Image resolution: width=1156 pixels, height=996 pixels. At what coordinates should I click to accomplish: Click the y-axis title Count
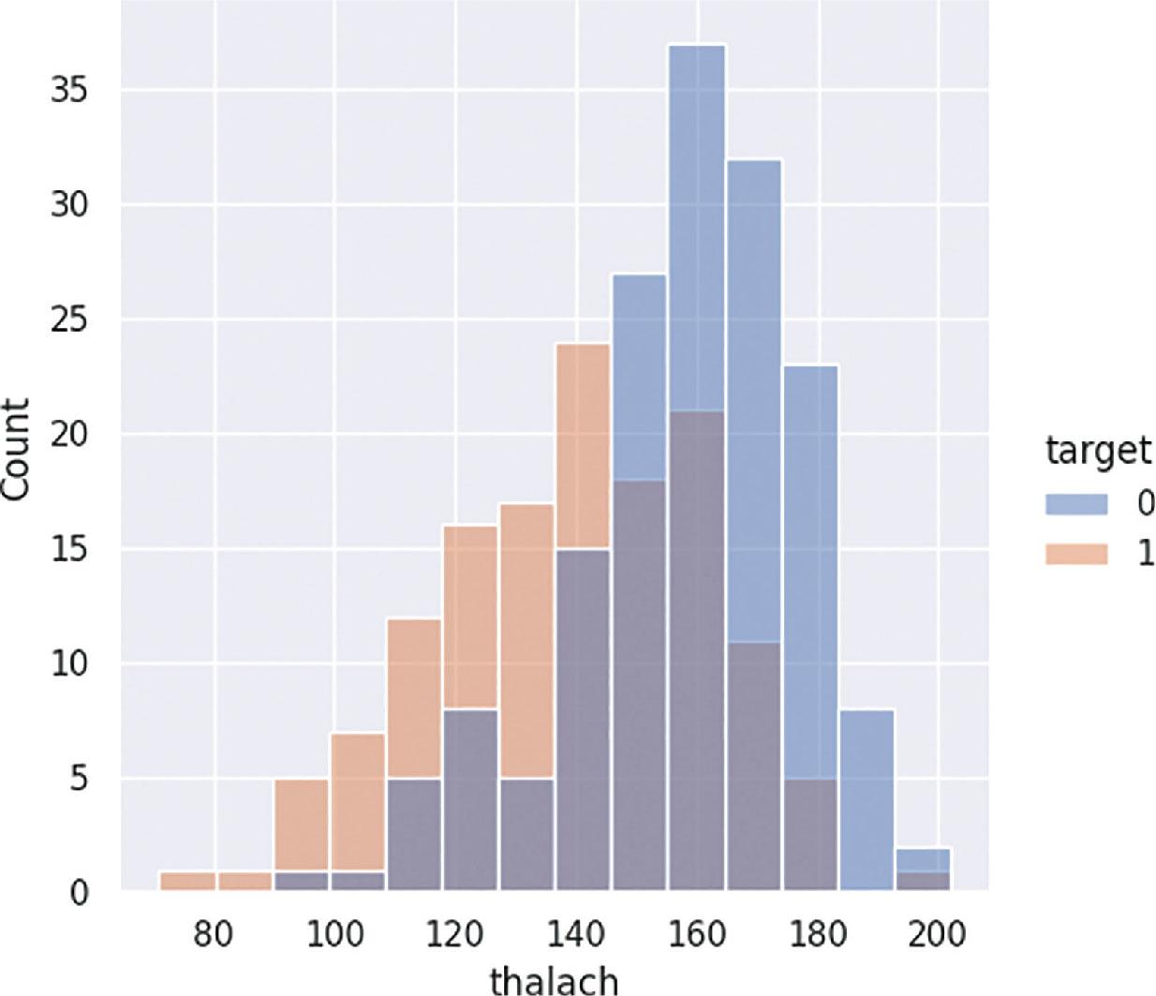pyautogui.click(x=15, y=458)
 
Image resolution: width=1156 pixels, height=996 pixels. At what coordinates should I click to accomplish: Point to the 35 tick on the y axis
pyautogui.click(x=69, y=91)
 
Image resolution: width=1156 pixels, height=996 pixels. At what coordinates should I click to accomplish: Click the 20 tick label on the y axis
pyautogui.click(x=69, y=435)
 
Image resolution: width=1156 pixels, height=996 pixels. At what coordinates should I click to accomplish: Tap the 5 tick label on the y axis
pyautogui.click(x=79, y=779)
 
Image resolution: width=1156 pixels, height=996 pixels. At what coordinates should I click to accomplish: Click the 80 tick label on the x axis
pyautogui.click(x=213, y=935)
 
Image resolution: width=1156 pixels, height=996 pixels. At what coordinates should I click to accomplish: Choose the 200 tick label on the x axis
pyautogui.click(x=938, y=935)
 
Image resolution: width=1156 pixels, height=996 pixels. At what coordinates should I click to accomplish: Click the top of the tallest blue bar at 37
pyautogui.click(x=697, y=46)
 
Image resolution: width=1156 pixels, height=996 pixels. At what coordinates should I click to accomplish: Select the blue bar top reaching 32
pyautogui.click(x=753, y=161)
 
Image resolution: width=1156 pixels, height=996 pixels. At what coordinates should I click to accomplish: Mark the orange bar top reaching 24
pyautogui.click(x=584, y=345)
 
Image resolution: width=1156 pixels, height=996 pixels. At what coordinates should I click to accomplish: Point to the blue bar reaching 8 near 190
pyautogui.click(x=867, y=800)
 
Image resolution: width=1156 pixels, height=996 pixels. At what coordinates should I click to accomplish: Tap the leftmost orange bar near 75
pyautogui.click(x=187, y=881)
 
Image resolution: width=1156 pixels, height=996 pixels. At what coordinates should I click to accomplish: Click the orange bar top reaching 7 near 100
pyautogui.click(x=357, y=734)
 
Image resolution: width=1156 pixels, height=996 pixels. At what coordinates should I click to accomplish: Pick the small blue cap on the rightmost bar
pyautogui.click(x=923, y=860)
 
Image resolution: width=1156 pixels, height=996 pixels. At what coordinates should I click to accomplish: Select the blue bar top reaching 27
pyautogui.click(x=640, y=275)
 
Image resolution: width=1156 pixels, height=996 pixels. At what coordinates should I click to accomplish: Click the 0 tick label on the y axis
pyautogui.click(x=79, y=893)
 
